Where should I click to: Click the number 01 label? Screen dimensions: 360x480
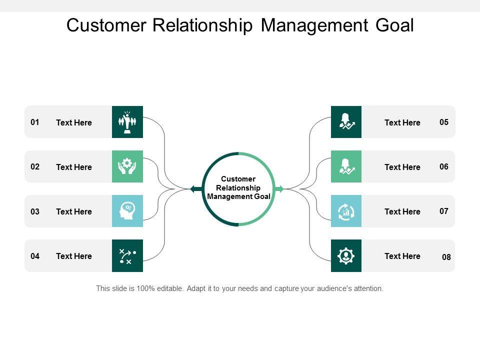pos(35,122)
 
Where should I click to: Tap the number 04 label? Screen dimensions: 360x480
pos(35,256)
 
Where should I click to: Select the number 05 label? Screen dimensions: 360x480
pos(444,122)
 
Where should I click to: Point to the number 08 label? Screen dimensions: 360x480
pos(446,257)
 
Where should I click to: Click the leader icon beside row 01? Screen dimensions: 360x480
pos(127,122)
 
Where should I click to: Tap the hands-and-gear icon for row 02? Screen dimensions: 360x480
pos(127,166)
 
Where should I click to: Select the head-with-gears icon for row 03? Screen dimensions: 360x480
pos(127,211)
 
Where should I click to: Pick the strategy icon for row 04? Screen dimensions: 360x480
pos(127,255)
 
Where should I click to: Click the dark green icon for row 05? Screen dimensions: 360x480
pos(346,122)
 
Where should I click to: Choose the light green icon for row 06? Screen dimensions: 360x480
pos(346,166)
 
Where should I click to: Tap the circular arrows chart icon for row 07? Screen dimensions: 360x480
pos(346,211)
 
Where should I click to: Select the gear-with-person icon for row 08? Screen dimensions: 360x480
pos(346,255)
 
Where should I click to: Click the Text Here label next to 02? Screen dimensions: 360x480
pos(74,167)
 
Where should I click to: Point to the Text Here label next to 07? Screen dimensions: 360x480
pos(402,211)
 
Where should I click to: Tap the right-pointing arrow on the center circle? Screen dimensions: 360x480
pos(280,189)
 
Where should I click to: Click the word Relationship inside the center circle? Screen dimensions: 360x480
pos(238,188)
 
